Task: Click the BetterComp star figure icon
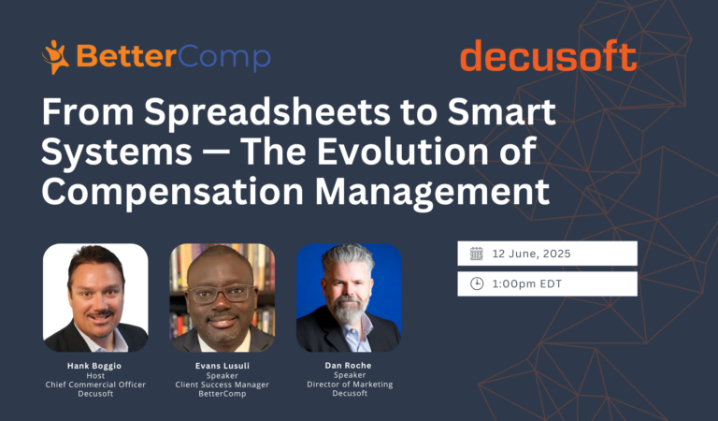[55, 57]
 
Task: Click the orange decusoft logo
[549, 55]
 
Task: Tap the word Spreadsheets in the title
[267, 113]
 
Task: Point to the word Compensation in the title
[172, 193]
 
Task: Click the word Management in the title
[432, 193]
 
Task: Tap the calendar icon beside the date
[477, 254]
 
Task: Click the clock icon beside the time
[477, 283]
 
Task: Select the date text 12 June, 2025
[531, 254]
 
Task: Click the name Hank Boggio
[94, 366]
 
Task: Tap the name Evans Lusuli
[223, 366]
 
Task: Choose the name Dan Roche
[348, 365]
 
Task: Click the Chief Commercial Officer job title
[95, 385]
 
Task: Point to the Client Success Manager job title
[223, 385]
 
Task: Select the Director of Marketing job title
[350, 384]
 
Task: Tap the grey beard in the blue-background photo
[348, 311]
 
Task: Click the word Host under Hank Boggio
[95, 375]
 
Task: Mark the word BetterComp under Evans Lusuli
[223, 394]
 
